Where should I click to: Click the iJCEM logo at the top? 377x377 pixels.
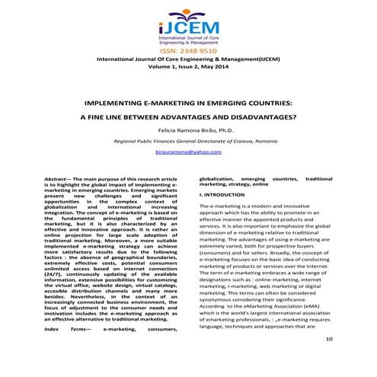[188, 24]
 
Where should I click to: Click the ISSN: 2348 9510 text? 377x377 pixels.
[188, 50]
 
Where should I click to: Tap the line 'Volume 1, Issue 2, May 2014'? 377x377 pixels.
[188, 66]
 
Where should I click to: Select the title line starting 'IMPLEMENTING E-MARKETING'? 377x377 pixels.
[188, 101]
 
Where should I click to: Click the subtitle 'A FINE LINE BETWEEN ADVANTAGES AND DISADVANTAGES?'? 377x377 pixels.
[188, 119]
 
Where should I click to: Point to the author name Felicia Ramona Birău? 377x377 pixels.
[180, 132]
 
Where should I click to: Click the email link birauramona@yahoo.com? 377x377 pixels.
[188, 153]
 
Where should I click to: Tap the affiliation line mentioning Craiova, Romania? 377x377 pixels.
[188, 142]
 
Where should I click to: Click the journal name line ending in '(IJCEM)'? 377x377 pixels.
[188, 59]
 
